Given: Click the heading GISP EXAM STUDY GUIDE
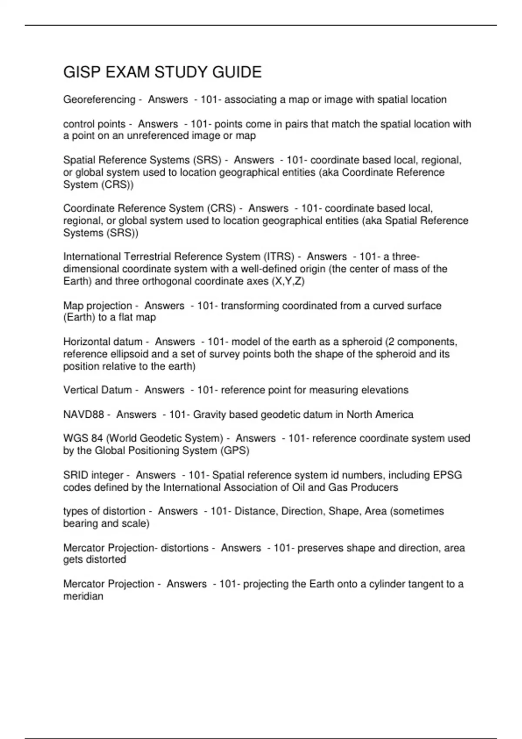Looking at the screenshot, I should (162, 72).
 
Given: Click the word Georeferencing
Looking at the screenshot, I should (99, 100).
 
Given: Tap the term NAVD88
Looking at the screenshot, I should (84, 414).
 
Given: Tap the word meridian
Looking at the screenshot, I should (83, 596).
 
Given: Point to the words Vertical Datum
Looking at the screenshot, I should (97, 390).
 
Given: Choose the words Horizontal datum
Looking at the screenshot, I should (103, 342).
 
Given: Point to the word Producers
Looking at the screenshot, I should (374, 487).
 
